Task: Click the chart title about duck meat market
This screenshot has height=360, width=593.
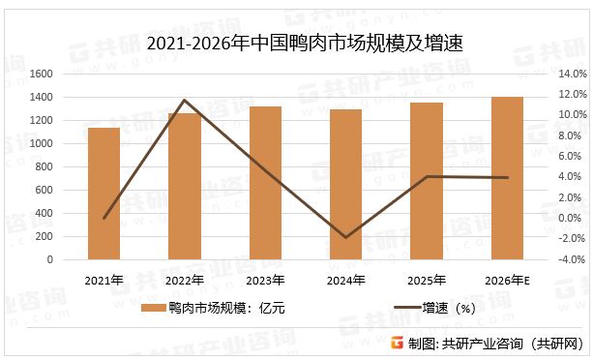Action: pos(297,44)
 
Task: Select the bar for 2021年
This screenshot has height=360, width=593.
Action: pos(104,194)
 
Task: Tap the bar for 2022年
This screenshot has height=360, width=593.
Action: pos(185,187)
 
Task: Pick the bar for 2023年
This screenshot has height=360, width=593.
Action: pos(265,183)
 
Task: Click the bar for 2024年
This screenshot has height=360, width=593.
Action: pos(346,185)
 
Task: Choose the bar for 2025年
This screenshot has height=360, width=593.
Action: pos(427,181)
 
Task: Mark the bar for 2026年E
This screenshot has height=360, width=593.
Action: pos(508,178)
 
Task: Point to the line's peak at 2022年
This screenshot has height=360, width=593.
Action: pos(185,100)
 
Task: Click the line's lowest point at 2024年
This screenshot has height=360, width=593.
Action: pos(346,237)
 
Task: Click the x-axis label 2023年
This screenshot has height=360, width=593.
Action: pos(265,281)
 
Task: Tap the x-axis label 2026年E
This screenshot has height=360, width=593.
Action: pos(508,281)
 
